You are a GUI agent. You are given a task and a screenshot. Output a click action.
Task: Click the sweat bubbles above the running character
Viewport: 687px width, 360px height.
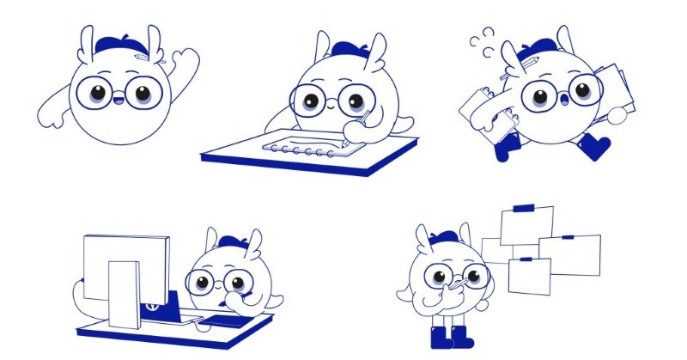point(483,40)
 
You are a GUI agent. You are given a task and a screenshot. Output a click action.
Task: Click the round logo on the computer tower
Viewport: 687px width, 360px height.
point(152,303)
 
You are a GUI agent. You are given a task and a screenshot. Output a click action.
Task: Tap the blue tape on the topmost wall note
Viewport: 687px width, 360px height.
point(523,207)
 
